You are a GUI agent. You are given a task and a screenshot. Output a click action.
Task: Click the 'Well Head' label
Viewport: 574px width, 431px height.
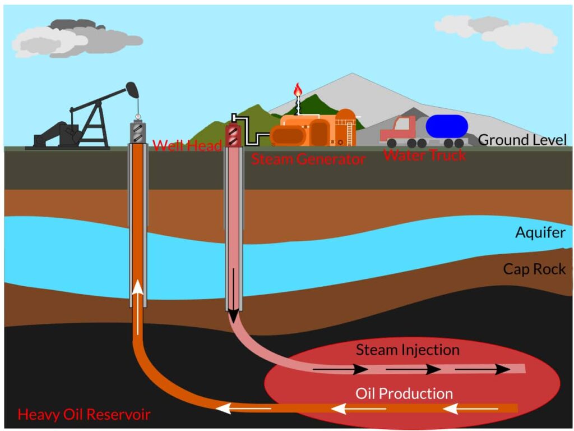[187, 145]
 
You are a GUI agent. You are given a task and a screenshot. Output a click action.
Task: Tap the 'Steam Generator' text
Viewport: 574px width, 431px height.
[308, 159]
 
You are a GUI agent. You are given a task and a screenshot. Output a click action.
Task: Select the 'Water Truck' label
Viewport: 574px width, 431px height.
[425, 155]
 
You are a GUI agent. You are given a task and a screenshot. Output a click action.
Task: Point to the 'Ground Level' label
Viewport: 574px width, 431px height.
[522, 140]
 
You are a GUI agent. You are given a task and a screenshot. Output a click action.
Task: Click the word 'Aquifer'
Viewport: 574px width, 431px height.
[540, 232]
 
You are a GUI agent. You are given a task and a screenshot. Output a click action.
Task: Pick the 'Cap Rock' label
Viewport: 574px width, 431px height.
[534, 269]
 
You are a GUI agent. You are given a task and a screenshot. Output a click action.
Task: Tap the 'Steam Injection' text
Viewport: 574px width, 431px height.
[408, 350]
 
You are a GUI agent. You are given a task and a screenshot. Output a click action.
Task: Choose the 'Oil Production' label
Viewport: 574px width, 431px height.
[404, 393]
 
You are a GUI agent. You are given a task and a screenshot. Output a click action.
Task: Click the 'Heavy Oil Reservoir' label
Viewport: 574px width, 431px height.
[84, 415]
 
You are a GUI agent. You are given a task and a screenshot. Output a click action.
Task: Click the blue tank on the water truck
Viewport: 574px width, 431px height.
[447, 126]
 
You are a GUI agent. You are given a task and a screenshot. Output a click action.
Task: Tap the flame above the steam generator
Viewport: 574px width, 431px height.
[298, 89]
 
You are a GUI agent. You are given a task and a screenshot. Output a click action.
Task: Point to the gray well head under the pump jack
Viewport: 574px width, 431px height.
[138, 132]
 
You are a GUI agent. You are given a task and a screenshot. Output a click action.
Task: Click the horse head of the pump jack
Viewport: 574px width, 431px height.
[132, 89]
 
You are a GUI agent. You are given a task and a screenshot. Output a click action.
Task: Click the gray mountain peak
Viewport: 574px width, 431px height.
[352, 74]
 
